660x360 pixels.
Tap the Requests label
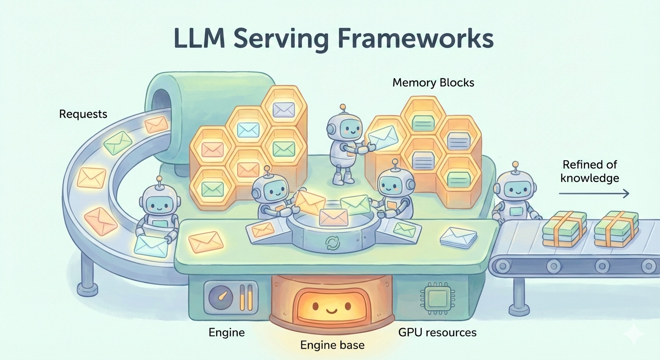[83, 114]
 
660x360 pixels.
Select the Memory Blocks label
[433, 83]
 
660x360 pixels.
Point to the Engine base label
[332, 345]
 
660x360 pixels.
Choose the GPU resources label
[437, 332]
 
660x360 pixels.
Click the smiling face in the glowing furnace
[332, 307]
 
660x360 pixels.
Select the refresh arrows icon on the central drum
[332, 242]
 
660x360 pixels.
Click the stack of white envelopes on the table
[459, 237]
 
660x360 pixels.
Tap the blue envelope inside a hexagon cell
[248, 129]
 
